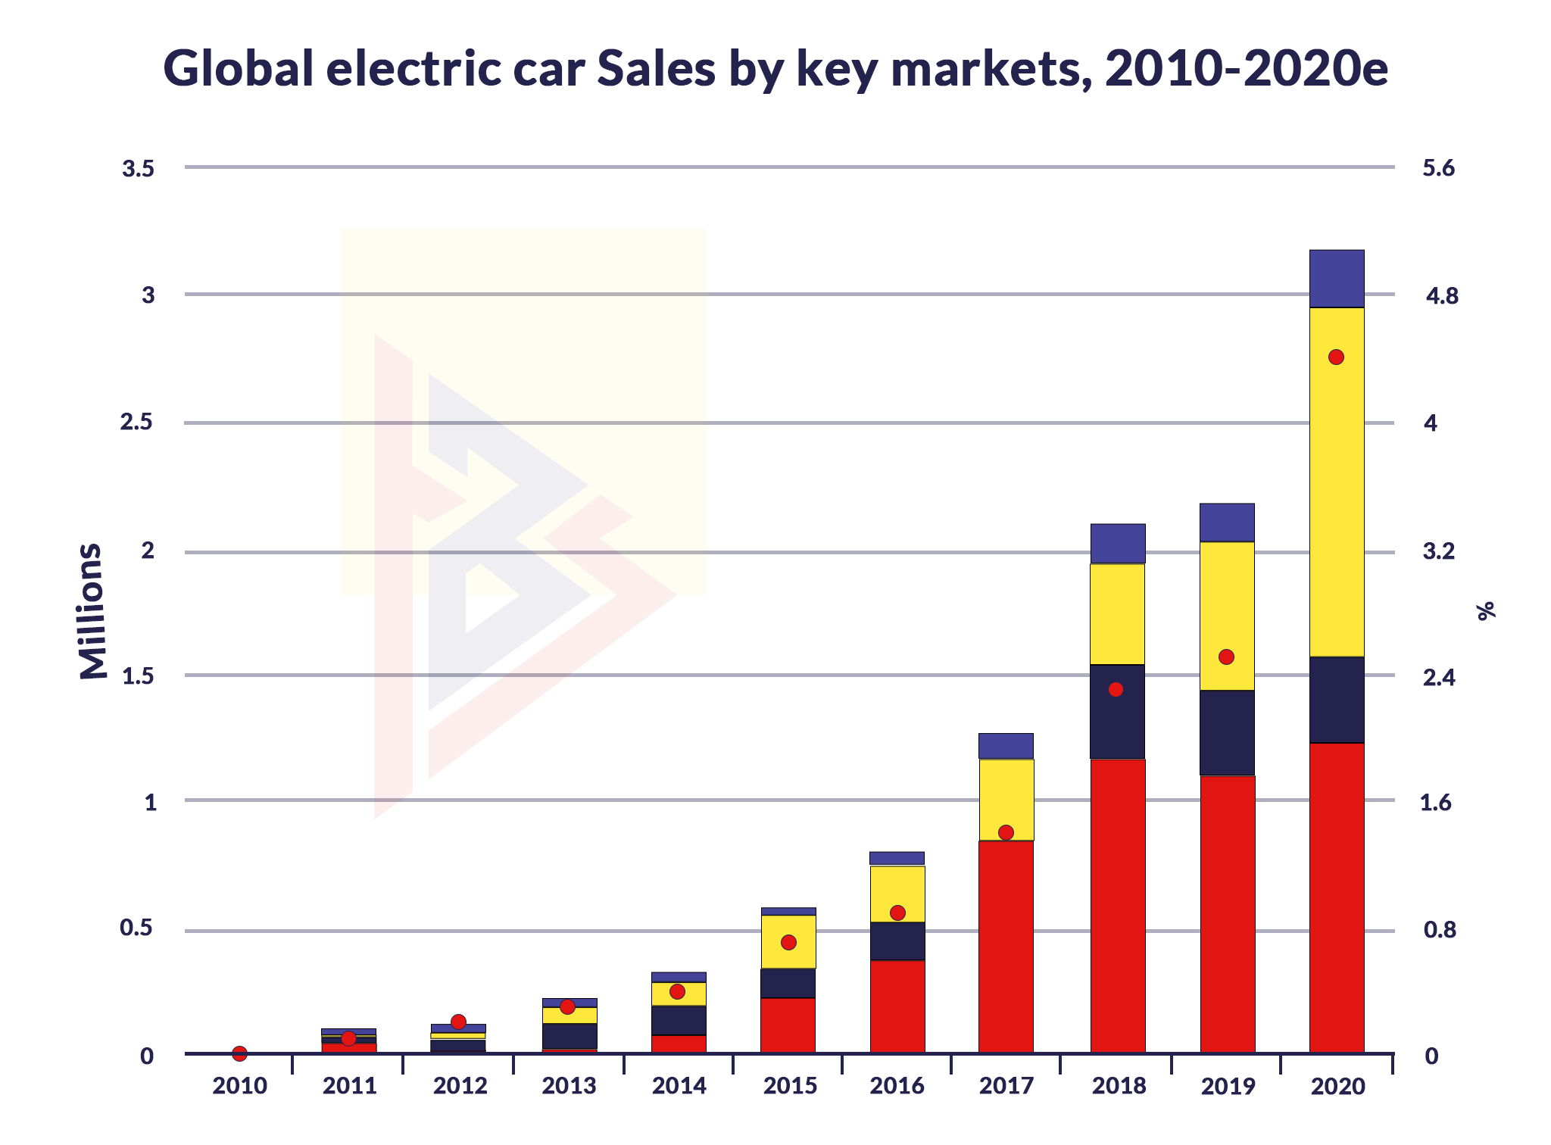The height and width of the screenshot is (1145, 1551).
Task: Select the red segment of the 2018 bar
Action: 1118,905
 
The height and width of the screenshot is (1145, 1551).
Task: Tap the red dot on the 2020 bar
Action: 1337,357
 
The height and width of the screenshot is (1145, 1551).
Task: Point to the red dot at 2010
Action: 239,1053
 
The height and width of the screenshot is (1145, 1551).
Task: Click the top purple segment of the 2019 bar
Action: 1227,523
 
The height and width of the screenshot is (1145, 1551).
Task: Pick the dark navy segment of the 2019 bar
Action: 1227,732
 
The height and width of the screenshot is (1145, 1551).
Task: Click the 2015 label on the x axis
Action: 790,1086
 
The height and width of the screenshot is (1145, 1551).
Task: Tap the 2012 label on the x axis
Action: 460,1086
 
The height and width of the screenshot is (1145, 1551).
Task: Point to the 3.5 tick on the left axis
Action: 138,169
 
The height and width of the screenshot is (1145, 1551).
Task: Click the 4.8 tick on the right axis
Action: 1441,296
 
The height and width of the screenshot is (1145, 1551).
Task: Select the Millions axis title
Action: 92,610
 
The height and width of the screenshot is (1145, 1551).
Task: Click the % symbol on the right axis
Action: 1487,610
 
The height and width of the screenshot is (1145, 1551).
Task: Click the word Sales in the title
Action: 656,68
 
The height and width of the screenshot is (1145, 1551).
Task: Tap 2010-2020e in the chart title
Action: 1246,68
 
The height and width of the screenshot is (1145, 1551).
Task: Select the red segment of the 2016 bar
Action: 897,1006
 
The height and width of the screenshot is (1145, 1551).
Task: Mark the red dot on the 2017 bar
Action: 1006,832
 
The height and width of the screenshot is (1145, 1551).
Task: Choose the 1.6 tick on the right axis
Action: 1435,803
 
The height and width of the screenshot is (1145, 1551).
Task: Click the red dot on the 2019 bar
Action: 1226,657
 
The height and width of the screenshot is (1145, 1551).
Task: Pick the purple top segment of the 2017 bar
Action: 1006,746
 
